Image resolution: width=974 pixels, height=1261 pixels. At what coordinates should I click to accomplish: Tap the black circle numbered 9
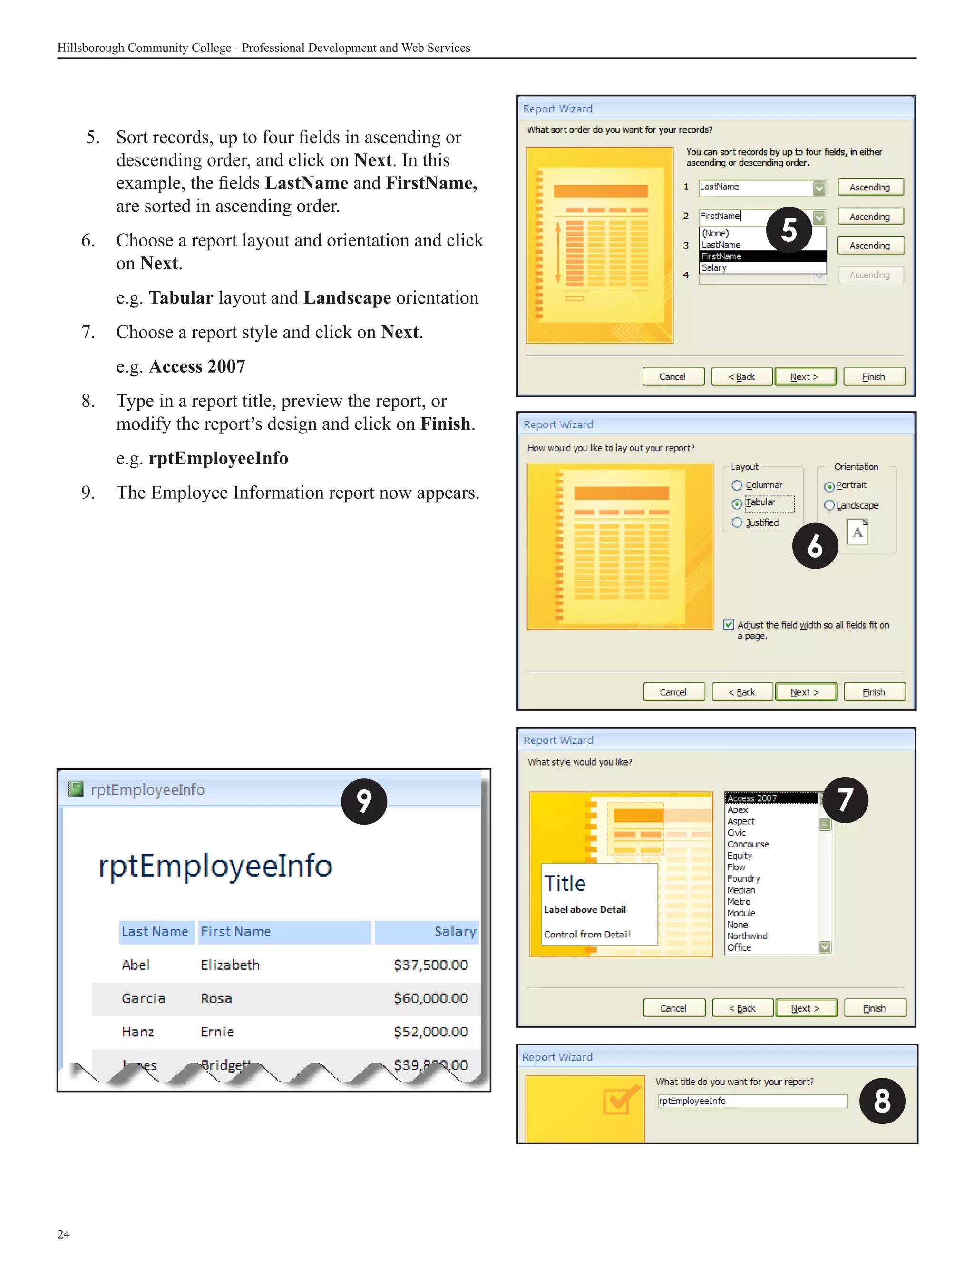click(x=363, y=801)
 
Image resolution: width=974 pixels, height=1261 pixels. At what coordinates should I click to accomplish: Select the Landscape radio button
click(x=829, y=505)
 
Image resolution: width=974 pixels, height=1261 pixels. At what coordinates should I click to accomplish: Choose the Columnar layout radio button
click(x=737, y=485)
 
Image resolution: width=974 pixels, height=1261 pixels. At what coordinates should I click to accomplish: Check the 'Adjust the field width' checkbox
click(x=729, y=625)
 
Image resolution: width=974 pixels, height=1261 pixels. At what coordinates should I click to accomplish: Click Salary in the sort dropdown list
click(x=714, y=268)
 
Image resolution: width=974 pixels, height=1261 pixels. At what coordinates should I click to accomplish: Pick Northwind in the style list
click(x=747, y=936)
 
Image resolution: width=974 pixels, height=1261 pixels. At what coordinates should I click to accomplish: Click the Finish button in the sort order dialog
click(x=874, y=376)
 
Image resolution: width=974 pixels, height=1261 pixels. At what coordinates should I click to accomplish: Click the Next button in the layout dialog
click(x=805, y=692)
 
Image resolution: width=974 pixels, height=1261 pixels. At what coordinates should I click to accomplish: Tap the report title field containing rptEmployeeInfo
click(x=752, y=1101)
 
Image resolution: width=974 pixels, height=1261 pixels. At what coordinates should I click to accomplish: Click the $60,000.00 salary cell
click(x=430, y=998)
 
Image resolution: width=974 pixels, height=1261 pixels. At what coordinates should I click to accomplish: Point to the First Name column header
click(x=236, y=931)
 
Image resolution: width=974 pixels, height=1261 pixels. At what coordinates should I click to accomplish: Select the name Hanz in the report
click(x=138, y=1032)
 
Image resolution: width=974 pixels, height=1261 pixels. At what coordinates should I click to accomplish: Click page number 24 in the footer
click(x=63, y=1234)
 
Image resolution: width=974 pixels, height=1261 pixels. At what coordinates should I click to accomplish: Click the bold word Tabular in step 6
click(x=181, y=297)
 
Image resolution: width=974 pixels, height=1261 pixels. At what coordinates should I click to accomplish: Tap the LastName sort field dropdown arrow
click(x=819, y=187)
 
